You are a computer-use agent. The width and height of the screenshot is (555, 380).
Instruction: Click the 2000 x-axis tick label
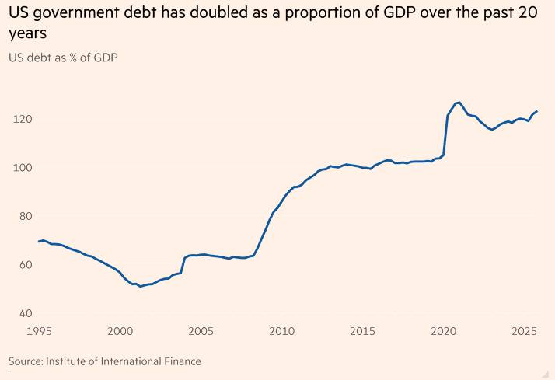[x=120, y=332]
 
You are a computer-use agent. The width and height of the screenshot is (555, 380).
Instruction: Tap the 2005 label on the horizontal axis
[x=201, y=332]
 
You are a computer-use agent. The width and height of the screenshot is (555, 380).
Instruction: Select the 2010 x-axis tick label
[x=281, y=332]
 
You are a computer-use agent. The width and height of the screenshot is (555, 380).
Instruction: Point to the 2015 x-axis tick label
[x=362, y=332]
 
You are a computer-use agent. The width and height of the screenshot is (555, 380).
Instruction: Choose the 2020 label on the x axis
[x=443, y=332]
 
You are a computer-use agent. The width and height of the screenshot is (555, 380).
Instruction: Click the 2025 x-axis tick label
[x=523, y=332]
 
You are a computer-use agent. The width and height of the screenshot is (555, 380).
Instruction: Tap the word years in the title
[x=27, y=35]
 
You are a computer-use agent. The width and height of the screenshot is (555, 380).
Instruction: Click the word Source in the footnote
[x=25, y=361]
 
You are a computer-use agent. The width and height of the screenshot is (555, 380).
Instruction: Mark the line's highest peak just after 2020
[x=459, y=103]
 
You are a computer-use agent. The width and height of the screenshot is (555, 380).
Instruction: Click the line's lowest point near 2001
[x=140, y=287]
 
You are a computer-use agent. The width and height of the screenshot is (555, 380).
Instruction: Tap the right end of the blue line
[x=537, y=111]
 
